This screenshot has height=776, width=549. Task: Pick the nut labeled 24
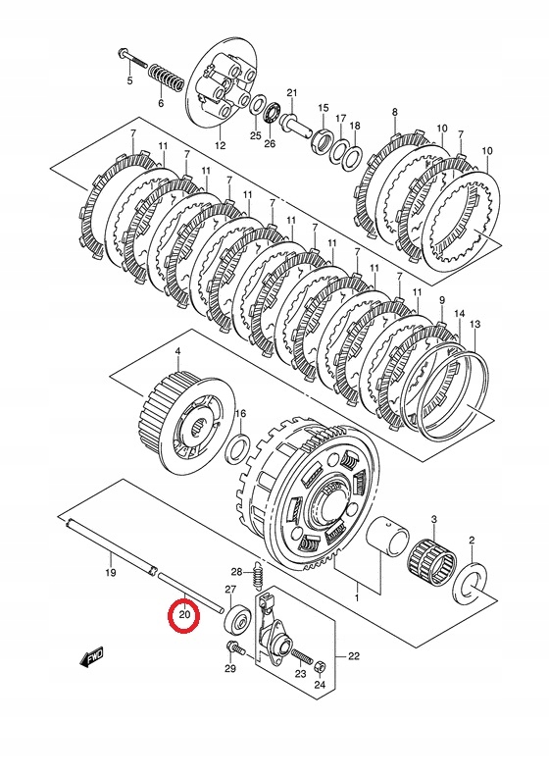(320, 668)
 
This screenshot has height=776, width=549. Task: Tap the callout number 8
(394, 113)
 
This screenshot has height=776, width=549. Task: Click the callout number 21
(291, 93)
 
